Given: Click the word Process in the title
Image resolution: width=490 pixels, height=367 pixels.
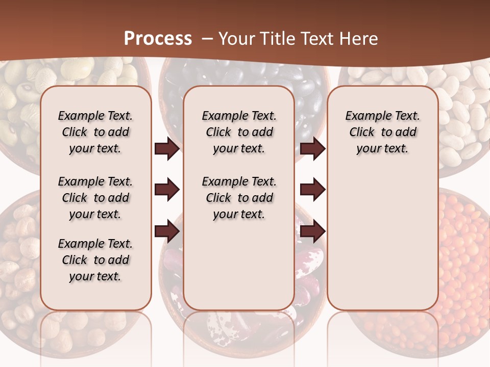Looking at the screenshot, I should [158, 38].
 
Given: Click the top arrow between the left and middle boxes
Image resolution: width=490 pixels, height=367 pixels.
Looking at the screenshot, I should [167, 149].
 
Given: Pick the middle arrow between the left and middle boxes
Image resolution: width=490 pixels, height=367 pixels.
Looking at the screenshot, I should [167, 190].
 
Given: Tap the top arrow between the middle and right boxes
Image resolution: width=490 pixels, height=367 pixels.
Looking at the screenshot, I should [312, 149].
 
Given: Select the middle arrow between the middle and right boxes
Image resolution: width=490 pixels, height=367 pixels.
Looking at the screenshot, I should [312, 190].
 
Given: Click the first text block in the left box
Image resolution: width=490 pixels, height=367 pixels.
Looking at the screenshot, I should [95, 132].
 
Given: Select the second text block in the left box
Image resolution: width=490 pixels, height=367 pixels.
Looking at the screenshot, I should [95, 198].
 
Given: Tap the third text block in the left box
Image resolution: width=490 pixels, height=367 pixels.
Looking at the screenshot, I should [95, 260].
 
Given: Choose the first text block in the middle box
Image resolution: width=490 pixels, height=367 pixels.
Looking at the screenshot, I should [239, 132].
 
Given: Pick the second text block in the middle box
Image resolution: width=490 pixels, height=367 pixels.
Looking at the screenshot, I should [239, 198].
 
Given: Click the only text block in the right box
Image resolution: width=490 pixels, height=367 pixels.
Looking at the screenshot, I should [383, 132].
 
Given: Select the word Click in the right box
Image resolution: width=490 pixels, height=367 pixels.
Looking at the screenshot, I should [362, 133].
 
